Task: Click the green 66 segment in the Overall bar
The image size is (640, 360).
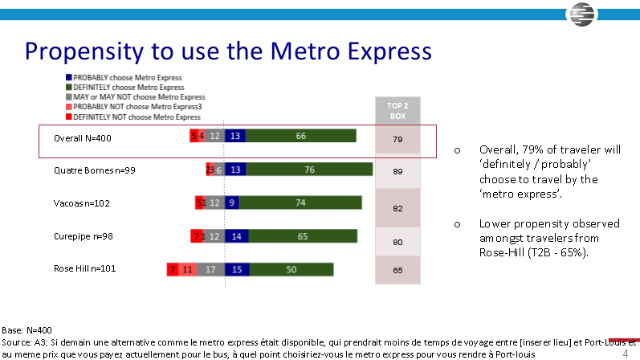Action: (x=301, y=136)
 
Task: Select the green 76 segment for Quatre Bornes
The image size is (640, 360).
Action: (x=309, y=170)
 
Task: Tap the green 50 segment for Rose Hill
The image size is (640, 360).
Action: (x=291, y=270)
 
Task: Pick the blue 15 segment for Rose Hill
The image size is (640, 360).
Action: (x=236, y=270)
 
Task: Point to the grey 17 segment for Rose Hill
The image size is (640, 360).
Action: (x=210, y=270)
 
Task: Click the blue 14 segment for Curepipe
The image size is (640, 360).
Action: (x=236, y=236)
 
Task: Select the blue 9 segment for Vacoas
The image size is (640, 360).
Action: (x=232, y=203)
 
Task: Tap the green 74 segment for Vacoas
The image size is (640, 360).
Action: (x=300, y=203)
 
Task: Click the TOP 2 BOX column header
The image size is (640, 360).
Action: (x=397, y=110)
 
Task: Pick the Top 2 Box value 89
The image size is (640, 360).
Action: (x=397, y=171)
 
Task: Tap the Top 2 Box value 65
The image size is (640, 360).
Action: (x=397, y=271)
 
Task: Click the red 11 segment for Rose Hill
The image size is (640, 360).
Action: (x=187, y=270)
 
